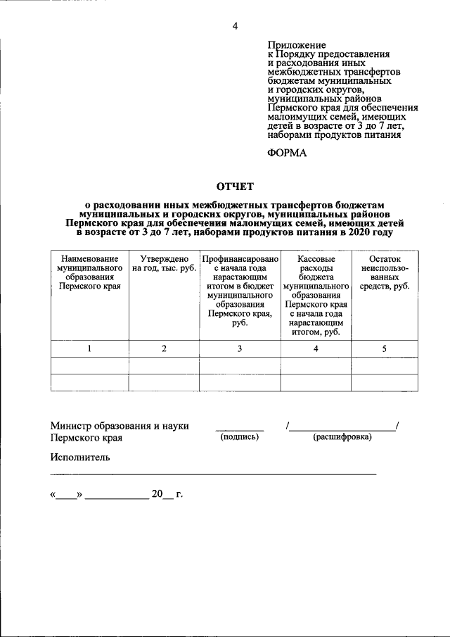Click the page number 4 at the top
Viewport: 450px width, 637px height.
(235, 27)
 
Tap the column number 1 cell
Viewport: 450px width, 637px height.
(89, 349)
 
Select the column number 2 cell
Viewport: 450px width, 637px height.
(164, 349)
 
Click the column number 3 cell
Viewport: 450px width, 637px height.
(240, 349)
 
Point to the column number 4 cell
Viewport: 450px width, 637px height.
(316, 349)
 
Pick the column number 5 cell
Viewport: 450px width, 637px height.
(384, 349)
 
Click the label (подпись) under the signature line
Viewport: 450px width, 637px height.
(240, 437)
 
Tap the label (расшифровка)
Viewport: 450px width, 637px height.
(342, 437)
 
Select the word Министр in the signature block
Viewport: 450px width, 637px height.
(73, 426)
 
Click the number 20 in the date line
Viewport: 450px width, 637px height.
(156, 494)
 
